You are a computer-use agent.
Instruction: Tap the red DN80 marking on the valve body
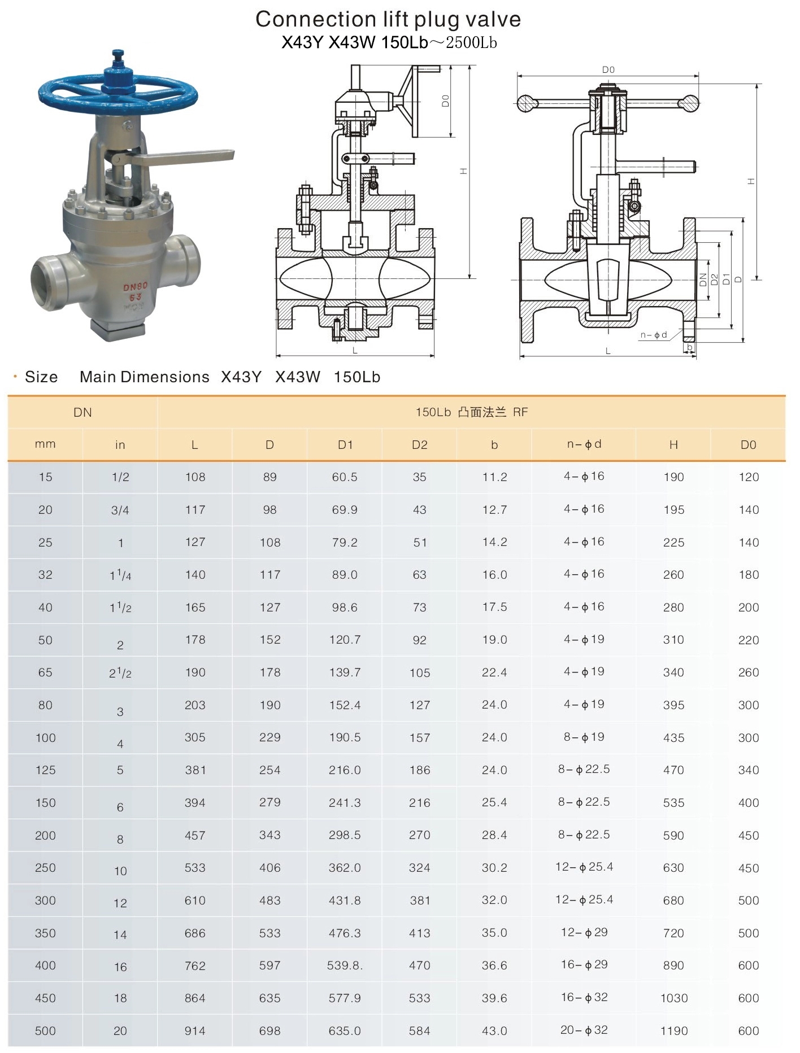(136, 287)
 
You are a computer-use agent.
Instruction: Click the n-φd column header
(584, 444)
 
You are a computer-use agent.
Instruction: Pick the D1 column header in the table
(345, 445)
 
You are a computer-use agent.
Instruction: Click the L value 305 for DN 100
(195, 737)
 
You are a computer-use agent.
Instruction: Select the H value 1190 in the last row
(674, 1031)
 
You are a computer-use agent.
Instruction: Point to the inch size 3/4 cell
(120, 510)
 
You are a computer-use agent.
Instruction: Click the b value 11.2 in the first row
(494, 477)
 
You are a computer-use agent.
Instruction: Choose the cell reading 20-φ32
(584, 1030)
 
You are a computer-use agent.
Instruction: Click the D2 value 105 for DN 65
(420, 673)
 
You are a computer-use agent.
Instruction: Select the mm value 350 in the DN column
(45, 933)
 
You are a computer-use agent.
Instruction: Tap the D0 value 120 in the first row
(749, 477)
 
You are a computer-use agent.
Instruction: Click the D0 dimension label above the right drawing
(608, 70)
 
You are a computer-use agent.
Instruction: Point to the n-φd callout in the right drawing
(653, 335)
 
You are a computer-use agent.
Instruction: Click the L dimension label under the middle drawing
(355, 351)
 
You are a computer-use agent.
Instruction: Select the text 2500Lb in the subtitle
(471, 43)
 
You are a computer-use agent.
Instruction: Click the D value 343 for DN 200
(270, 835)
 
